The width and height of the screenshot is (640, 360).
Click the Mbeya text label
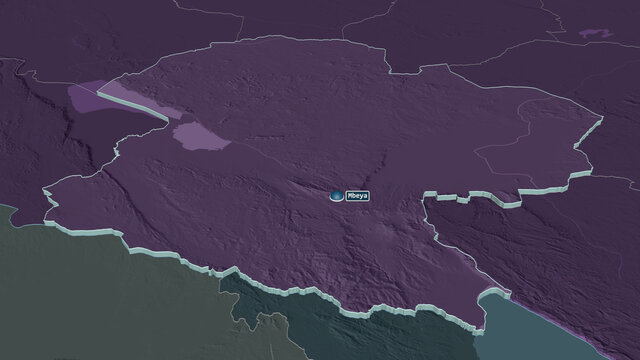(x=357, y=196)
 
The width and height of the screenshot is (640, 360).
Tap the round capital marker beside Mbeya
(x=336, y=196)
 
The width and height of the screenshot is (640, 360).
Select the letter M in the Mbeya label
(x=349, y=196)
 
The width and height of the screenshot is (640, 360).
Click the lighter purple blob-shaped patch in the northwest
(x=200, y=136)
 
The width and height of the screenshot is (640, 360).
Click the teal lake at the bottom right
(x=560, y=330)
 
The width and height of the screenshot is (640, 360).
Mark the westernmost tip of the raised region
(x=45, y=191)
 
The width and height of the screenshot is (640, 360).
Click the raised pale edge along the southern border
(x=350, y=300)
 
